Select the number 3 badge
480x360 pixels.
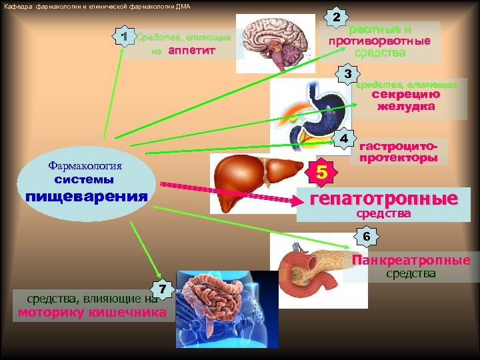(x=347, y=72)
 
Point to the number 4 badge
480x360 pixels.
(x=343, y=138)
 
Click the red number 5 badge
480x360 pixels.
(x=322, y=173)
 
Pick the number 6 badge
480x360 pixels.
(x=367, y=237)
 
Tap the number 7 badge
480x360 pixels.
(x=163, y=289)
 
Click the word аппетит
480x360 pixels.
(x=193, y=50)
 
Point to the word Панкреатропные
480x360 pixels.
(x=411, y=260)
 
